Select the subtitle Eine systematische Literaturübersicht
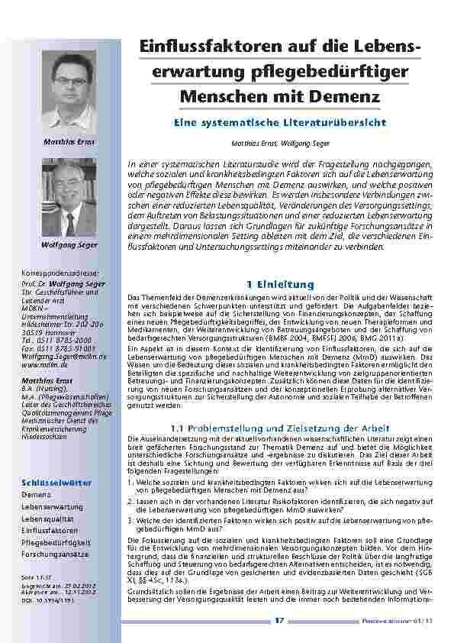tap(280, 122)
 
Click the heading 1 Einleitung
tap(280, 283)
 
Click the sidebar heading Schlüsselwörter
tap(57, 483)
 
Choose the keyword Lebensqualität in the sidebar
tap(53, 518)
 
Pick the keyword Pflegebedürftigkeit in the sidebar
tap(56, 541)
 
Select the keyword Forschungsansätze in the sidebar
tap(54, 553)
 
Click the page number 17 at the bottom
tap(279, 620)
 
